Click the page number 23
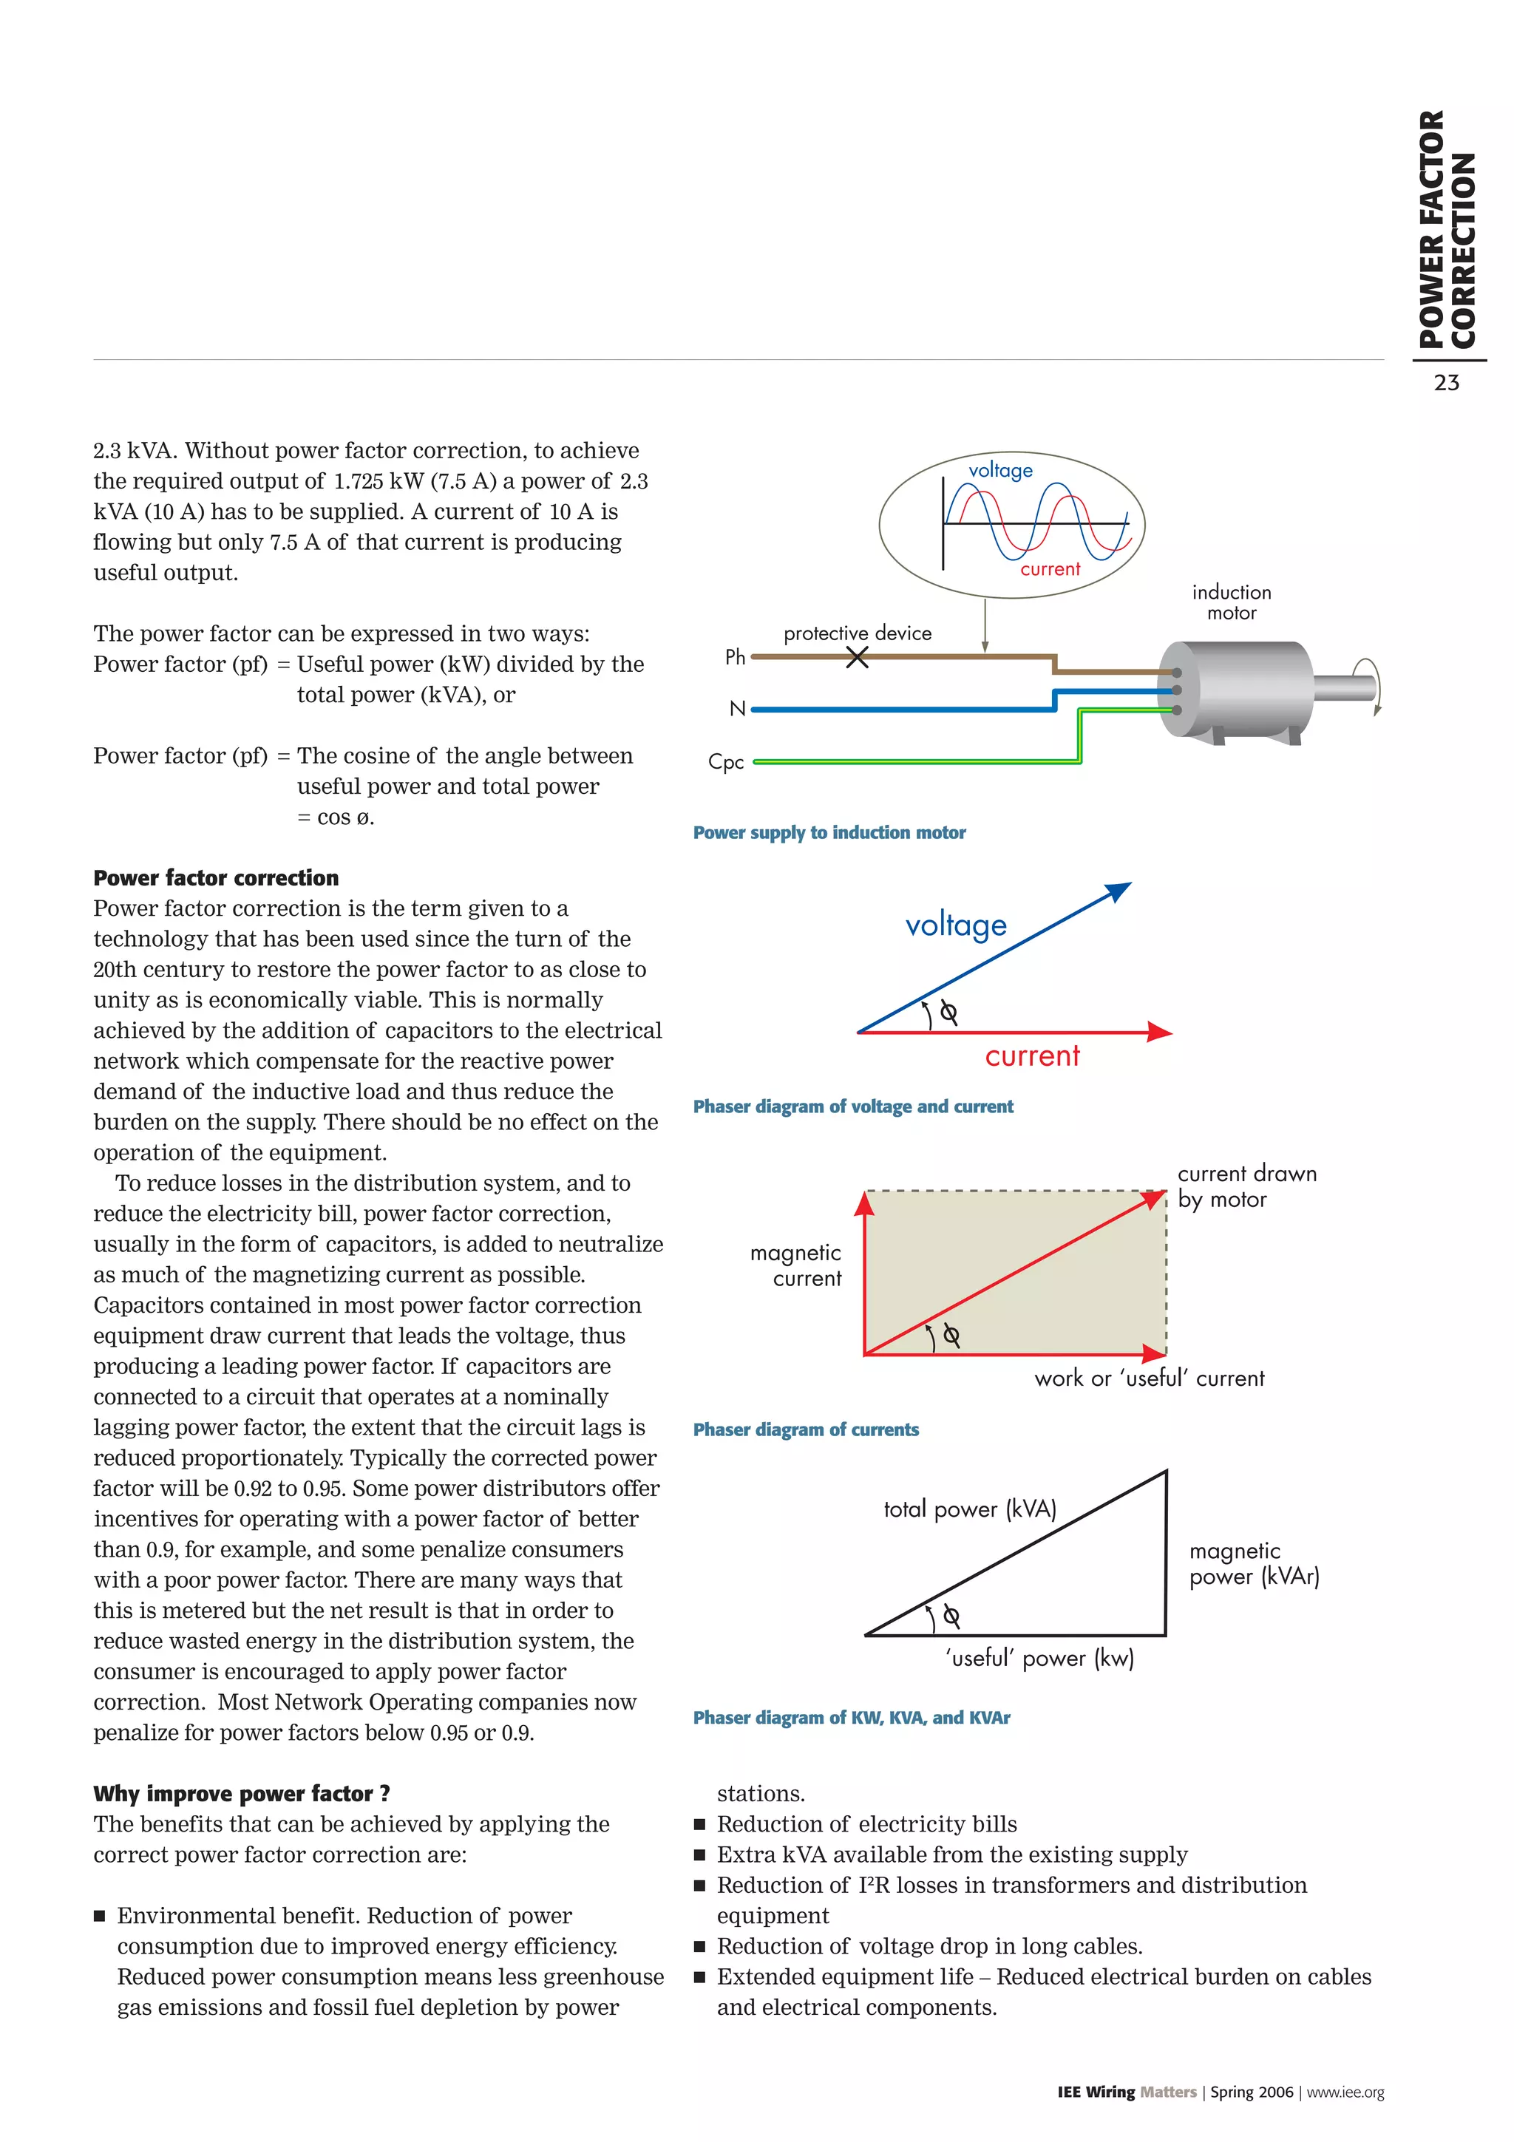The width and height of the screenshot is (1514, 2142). (1446, 383)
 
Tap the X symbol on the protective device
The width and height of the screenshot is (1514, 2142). (856, 658)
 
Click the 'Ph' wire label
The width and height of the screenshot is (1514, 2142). (735, 658)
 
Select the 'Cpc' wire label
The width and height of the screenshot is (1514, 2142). (726, 762)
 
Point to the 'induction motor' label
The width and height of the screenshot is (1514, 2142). (1232, 602)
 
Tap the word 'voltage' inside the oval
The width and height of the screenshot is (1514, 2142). (1000, 470)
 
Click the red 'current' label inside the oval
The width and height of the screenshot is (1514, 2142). (1050, 569)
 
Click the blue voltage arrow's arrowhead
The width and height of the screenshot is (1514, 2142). (1118, 891)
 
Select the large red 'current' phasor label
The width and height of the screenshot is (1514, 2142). (1032, 1056)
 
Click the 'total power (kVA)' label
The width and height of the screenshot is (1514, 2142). (969, 1509)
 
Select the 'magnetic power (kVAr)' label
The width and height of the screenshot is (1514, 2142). (1254, 1563)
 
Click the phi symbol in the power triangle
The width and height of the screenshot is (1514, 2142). (951, 1616)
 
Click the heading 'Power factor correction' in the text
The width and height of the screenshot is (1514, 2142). (215, 878)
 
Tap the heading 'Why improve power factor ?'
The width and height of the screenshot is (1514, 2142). (242, 1793)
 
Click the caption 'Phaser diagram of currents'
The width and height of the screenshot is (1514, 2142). (805, 1429)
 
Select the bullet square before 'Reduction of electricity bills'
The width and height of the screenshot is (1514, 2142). (699, 1824)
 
